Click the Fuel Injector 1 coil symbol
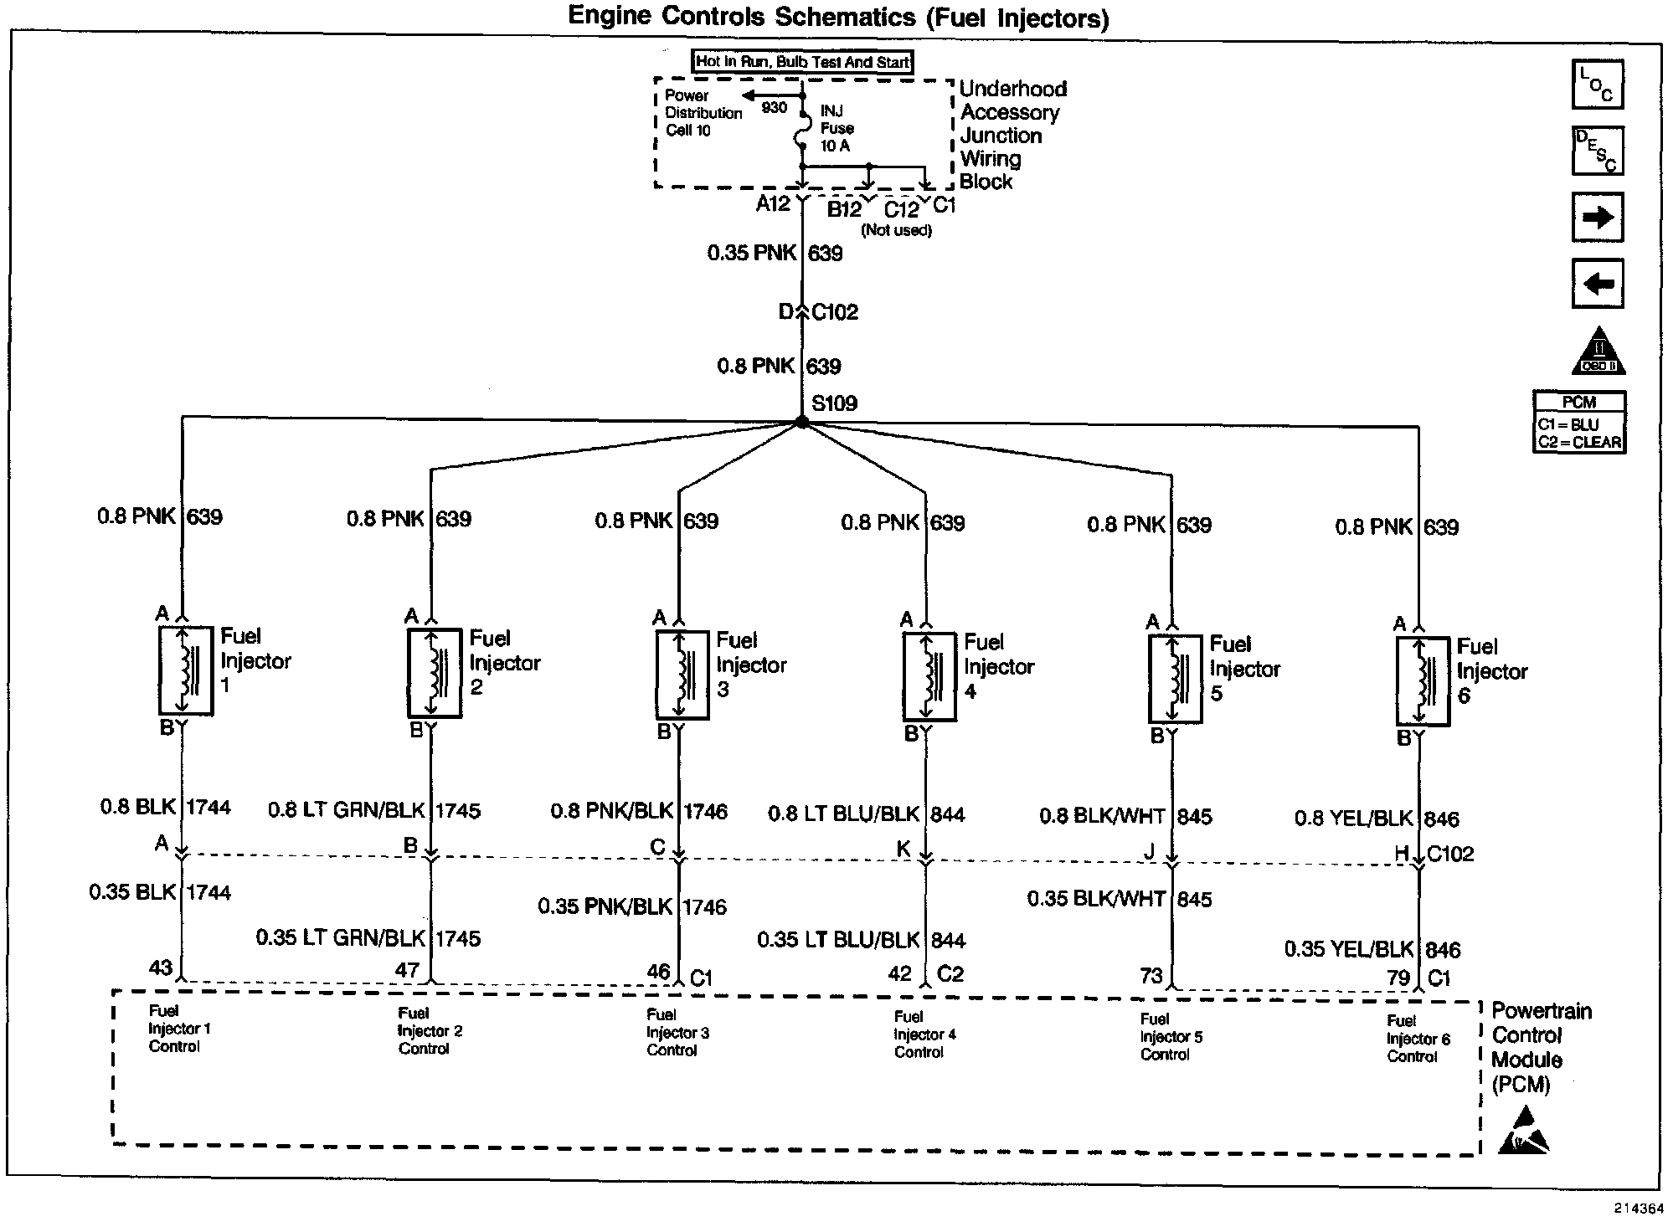point(186,670)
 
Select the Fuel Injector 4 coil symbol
point(929,676)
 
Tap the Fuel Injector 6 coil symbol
point(1423,680)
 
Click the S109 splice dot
point(802,423)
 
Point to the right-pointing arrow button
point(1598,218)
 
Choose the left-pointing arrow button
point(1598,284)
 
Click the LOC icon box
point(1598,85)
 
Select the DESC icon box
point(1598,151)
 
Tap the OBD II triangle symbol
point(1598,352)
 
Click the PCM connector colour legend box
point(1579,423)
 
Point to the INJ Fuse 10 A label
point(837,128)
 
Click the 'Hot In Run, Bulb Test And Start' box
point(802,62)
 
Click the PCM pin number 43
point(161,968)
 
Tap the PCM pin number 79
point(1398,977)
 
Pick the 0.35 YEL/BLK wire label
point(1348,949)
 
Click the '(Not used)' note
point(896,230)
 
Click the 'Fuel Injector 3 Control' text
point(677,1032)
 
